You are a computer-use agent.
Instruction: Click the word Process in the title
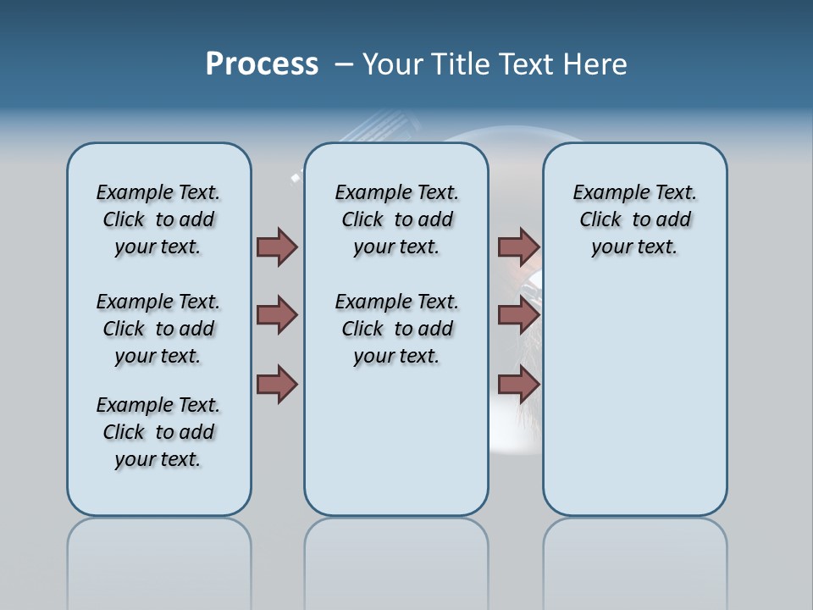coord(262,64)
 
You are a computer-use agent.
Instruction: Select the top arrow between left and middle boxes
coord(277,247)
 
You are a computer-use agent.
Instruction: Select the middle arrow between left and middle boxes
coord(277,315)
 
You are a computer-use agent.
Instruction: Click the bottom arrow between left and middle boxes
coord(277,385)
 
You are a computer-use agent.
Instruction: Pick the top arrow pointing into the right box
coord(518,247)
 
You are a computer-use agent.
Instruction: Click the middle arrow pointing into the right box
coord(518,315)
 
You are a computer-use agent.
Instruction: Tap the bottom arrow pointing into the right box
coord(518,385)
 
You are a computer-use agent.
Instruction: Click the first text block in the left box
coord(158,219)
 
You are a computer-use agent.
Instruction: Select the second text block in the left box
coord(158,329)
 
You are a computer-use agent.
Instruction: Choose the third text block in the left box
coord(158,432)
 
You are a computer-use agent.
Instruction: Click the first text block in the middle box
coord(396,219)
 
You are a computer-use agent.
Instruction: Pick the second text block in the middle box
coord(396,329)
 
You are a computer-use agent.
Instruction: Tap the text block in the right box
coord(634,219)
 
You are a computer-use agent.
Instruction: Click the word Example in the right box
coord(605,193)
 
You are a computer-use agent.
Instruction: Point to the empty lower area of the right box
coord(634,407)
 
